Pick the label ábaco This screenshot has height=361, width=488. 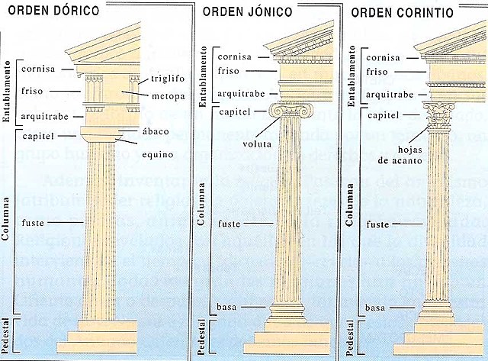[x=154, y=131]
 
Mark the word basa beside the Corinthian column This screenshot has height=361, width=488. [x=375, y=308]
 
